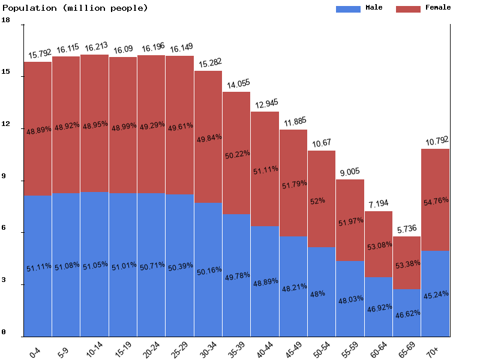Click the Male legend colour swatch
coord(348,8)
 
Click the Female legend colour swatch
coord(408,8)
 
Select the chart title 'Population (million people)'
coord(75,8)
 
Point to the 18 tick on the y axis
coord(6,20)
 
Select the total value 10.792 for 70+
coord(436,141)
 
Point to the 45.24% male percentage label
coord(436,295)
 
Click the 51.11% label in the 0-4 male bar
coord(38,267)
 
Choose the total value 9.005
coord(351,172)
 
